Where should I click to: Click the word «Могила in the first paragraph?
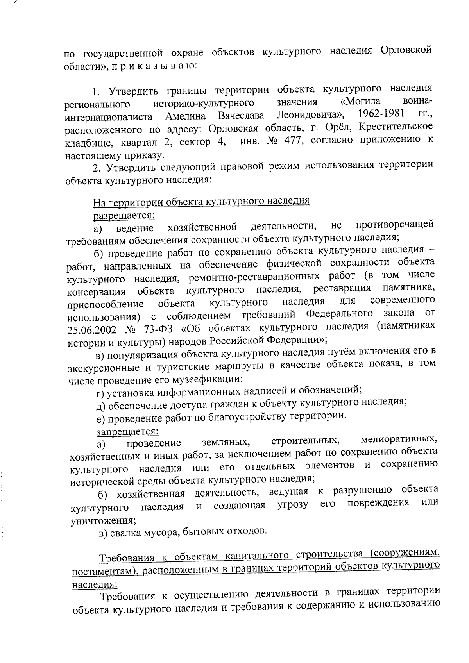tap(358, 102)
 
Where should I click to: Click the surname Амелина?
tap(185, 116)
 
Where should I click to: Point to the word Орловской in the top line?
tap(405, 50)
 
